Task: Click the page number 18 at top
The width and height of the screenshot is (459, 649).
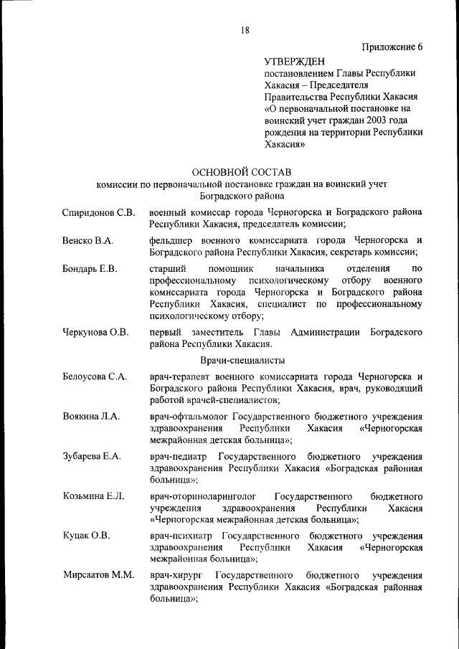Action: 245,30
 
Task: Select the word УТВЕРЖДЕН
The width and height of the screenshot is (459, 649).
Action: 296,62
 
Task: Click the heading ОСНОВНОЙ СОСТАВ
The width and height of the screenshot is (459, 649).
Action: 242,171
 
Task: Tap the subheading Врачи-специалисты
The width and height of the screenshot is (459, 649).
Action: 242,360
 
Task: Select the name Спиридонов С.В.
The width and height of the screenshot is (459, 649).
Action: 98,213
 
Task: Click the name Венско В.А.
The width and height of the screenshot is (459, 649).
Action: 88,240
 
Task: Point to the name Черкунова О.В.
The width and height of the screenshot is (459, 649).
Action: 96,332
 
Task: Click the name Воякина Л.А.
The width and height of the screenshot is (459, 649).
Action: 91,416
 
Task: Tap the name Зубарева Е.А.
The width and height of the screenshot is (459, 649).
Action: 92,456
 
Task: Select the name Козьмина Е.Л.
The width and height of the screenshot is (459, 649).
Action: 94,496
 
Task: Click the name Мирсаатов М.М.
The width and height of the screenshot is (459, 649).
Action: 98,576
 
